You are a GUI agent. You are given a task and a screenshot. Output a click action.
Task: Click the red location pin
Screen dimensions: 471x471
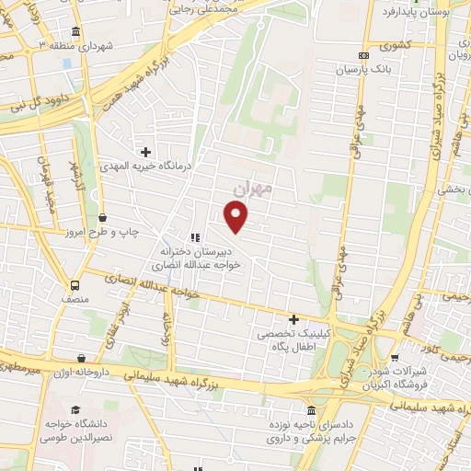(237, 216)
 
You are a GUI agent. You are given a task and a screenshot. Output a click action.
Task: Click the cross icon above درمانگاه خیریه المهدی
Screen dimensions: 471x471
(145, 151)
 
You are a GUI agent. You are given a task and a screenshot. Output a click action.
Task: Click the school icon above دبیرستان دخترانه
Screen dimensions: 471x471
(194, 236)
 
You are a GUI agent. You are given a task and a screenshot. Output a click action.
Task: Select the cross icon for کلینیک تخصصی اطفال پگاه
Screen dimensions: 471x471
(293, 320)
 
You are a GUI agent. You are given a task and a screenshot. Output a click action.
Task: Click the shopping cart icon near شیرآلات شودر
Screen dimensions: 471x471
(395, 358)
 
